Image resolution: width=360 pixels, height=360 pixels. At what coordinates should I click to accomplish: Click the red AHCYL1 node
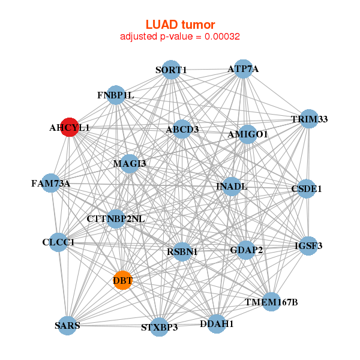click(70, 127)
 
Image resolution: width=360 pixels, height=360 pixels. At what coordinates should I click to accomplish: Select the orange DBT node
click(122, 280)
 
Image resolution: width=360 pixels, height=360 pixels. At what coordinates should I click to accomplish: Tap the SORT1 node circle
click(172, 70)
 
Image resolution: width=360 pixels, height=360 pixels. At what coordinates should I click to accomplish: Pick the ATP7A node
click(243, 68)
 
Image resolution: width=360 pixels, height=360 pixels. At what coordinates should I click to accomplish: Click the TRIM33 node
click(309, 119)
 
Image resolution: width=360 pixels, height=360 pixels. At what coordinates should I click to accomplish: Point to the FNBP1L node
click(116, 95)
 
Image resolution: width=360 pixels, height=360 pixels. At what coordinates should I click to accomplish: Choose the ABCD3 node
click(182, 128)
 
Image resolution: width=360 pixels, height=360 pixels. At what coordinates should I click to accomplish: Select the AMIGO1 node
click(247, 134)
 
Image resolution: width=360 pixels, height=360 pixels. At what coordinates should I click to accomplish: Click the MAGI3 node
click(130, 163)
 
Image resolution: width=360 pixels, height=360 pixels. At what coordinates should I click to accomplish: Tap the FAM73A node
click(51, 183)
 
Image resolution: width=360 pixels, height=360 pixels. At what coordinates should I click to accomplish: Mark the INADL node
click(232, 187)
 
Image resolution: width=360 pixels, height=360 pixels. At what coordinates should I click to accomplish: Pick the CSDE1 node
click(307, 188)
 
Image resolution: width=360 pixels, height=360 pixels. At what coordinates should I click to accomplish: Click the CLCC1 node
click(59, 242)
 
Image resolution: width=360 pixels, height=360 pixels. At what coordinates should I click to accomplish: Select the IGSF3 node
click(308, 245)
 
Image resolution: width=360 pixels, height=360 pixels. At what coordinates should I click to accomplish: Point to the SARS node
click(68, 325)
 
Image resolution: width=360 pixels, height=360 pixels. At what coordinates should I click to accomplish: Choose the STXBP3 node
click(160, 327)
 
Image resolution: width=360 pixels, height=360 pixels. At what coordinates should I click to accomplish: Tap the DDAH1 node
click(217, 323)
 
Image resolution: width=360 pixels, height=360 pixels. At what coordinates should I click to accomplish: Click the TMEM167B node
click(271, 302)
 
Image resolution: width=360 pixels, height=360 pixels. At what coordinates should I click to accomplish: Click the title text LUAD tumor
click(180, 24)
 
